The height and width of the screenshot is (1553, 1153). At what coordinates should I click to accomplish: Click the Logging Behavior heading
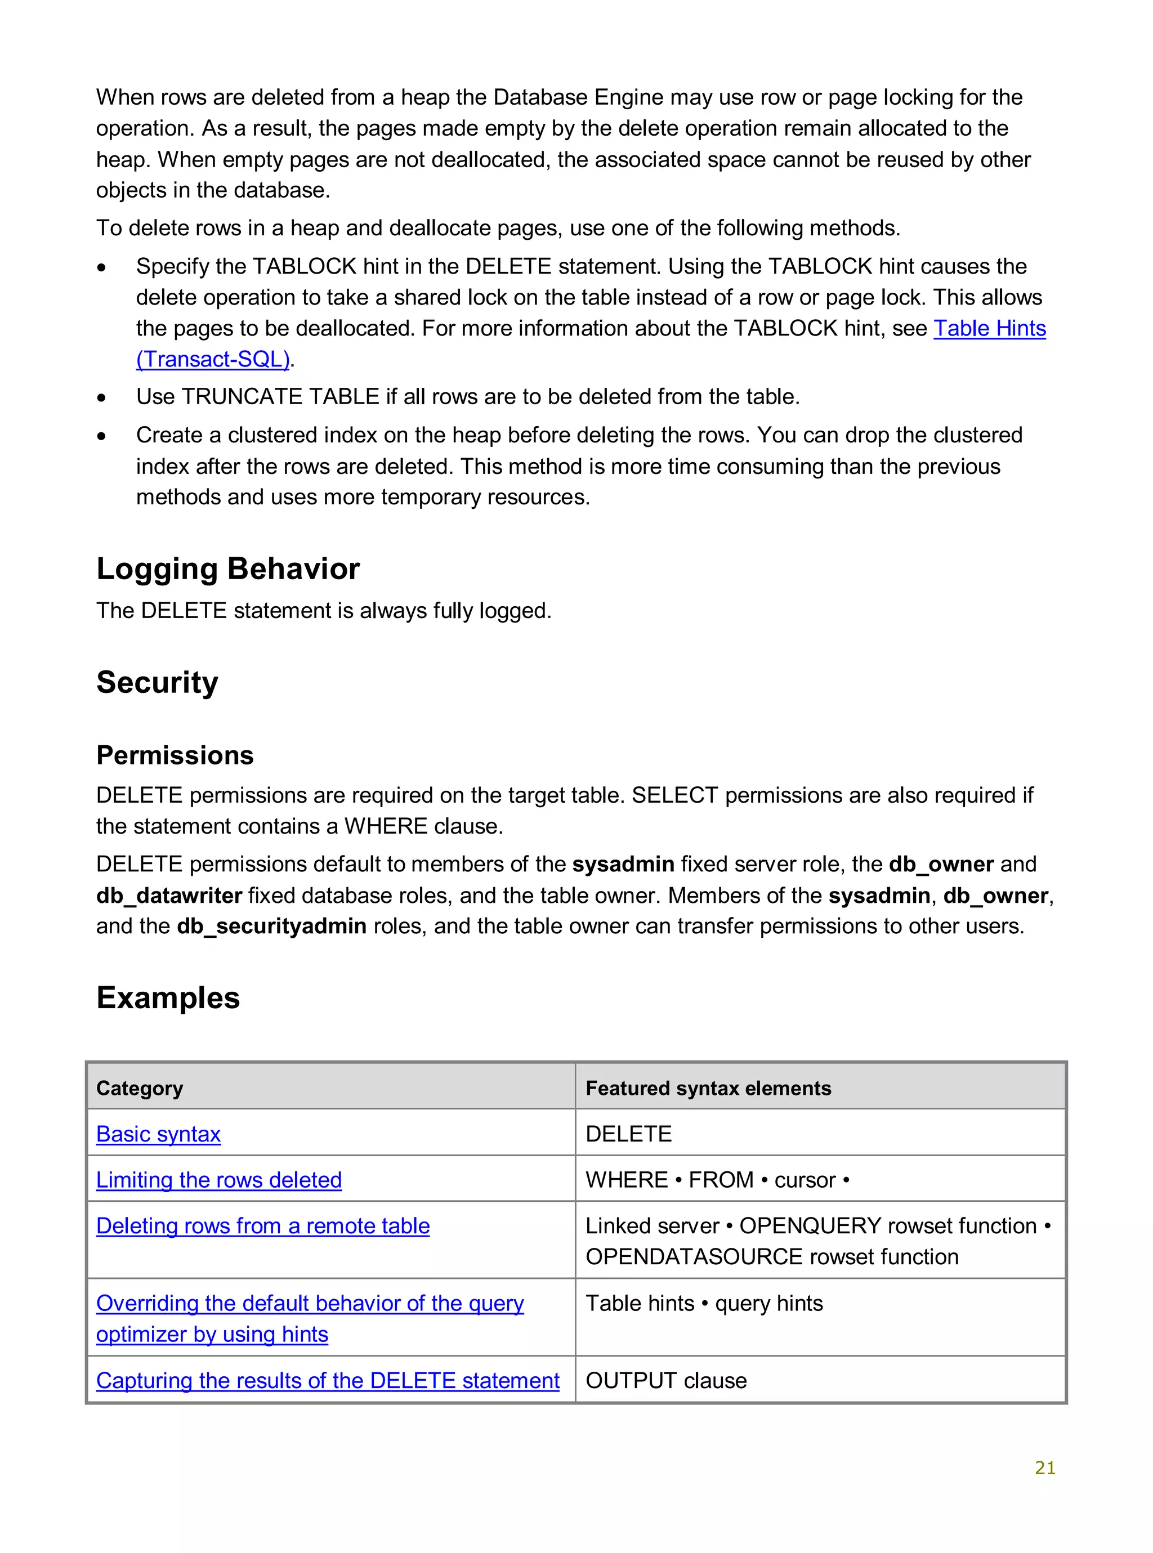[x=227, y=569]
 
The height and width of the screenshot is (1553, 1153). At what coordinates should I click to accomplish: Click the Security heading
[x=157, y=682]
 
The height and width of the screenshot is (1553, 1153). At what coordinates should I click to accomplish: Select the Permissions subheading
[x=175, y=755]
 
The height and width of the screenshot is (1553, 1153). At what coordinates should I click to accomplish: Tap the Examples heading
[x=168, y=997]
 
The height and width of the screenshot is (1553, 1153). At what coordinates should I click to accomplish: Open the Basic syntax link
[x=158, y=1134]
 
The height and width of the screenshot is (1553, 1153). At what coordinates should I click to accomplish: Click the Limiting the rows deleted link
[x=218, y=1180]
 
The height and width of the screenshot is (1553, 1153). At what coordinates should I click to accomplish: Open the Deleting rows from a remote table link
[x=262, y=1227]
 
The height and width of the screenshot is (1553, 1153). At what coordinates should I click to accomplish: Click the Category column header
[x=140, y=1089]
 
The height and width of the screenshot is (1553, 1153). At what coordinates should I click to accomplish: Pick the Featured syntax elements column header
[x=708, y=1089]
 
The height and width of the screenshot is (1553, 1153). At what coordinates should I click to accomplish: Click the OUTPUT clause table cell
[x=666, y=1381]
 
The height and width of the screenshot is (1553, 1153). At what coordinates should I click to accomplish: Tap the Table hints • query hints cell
[x=704, y=1304]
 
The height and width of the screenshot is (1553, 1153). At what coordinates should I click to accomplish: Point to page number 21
[x=1045, y=1468]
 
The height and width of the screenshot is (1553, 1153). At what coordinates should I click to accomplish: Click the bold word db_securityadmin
[x=271, y=927]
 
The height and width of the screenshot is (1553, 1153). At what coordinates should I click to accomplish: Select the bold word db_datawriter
[x=169, y=896]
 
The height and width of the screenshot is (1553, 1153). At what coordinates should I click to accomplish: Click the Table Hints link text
[x=989, y=329]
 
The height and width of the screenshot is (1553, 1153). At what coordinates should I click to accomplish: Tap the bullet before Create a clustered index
[x=102, y=437]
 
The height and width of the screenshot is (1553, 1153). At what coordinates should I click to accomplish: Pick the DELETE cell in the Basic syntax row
[x=628, y=1134]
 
